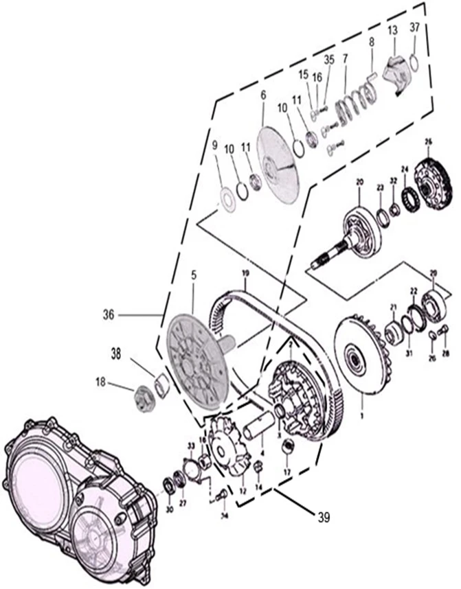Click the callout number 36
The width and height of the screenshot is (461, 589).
click(109, 314)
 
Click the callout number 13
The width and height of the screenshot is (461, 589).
click(392, 32)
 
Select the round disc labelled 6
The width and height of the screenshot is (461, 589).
click(279, 165)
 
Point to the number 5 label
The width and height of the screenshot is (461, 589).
click(194, 274)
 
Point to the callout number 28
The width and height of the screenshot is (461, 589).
click(445, 354)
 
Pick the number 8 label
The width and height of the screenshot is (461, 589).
click(372, 42)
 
